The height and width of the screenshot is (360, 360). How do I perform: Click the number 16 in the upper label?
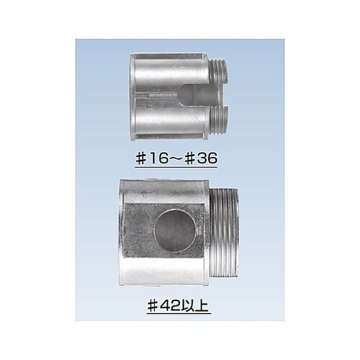point(158,158)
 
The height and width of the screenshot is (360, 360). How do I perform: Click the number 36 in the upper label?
point(208,158)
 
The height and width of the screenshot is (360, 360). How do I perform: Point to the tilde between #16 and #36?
point(176,158)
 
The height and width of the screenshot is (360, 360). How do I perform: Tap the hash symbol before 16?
point(141,158)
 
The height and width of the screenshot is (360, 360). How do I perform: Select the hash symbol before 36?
point(192,158)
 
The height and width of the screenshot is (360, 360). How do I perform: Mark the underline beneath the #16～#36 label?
point(176,167)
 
